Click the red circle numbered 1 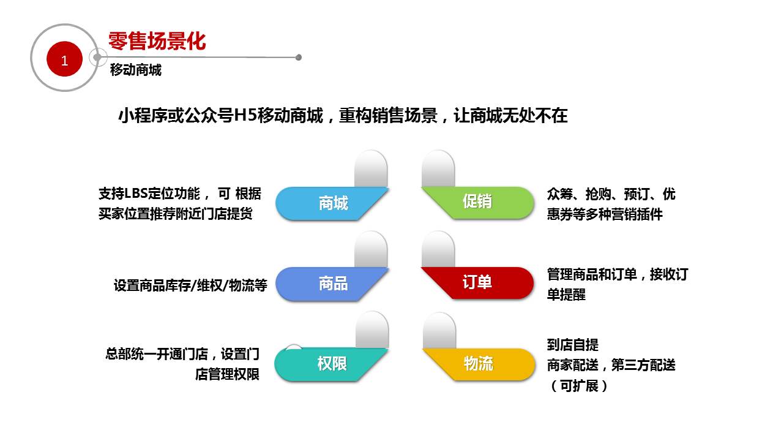(x=64, y=59)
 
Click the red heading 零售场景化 (x=157, y=41)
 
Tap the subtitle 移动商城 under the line (x=136, y=70)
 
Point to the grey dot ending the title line (x=299, y=58)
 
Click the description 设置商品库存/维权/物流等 (x=190, y=285)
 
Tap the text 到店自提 (x=573, y=345)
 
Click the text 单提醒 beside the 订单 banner (x=566, y=294)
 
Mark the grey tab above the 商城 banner (x=371, y=168)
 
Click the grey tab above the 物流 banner (x=439, y=331)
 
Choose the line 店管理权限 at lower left (x=227, y=374)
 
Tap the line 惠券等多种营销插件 (x=605, y=214)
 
